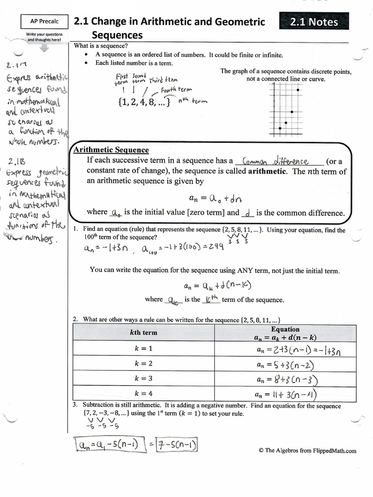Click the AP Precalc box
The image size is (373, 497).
pyautogui.click(x=44, y=21)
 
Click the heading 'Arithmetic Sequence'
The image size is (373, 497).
pyautogui.click(x=111, y=150)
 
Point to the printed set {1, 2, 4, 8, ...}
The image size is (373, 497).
pyautogui.click(x=144, y=103)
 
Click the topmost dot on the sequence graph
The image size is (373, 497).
pyautogui.click(x=297, y=90)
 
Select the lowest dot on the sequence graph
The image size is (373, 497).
pyautogui.click(x=280, y=128)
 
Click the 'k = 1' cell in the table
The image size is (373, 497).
pyautogui.click(x=143, y=348)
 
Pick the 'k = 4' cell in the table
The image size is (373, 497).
pyautogui.click(x=143, y=394)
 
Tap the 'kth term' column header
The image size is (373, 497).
pyautogui.click(x=143, y=332)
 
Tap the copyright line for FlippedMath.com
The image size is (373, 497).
pyautogui.click(x=307, y=450)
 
